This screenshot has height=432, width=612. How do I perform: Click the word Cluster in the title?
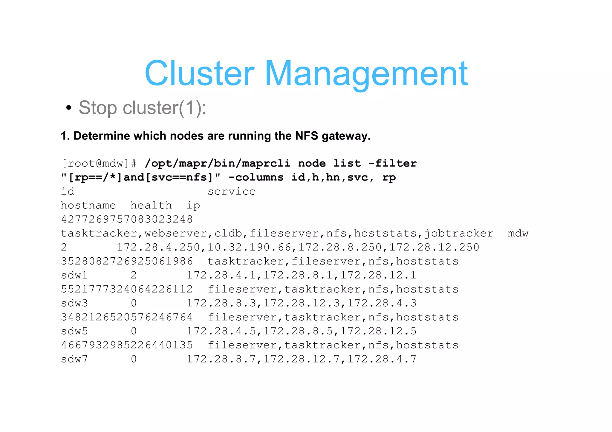point(199,73)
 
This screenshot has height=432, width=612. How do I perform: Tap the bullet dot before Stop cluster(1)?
point(69,108)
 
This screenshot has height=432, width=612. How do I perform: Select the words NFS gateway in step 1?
point(333,136)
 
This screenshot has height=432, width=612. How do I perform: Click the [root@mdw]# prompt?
point(99,164)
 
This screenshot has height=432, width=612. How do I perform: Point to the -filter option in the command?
point(392,164)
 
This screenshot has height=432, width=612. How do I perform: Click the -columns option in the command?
point(256,178)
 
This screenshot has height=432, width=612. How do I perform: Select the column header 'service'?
point(232,192)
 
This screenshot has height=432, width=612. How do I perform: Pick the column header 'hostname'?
point(88,206)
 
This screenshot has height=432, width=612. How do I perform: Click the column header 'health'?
point(151,206)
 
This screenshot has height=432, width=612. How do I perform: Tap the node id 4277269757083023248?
point(127,219)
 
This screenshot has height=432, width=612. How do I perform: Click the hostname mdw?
point(518,233)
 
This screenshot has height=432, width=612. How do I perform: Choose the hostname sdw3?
point(74,303)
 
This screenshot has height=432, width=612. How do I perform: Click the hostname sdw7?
point(74,359)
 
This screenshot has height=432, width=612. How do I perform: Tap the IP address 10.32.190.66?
point(249,247)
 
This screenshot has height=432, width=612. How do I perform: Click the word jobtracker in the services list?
point(459,233)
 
